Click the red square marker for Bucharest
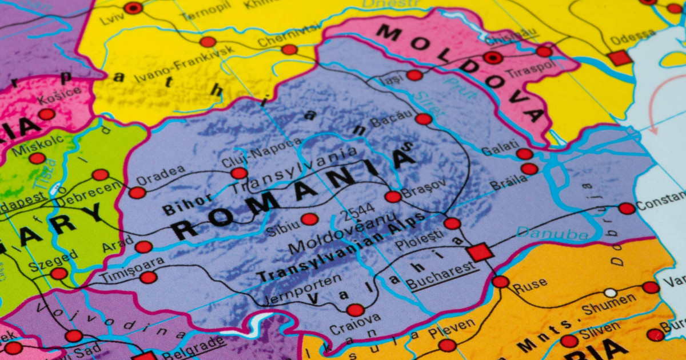[x=480, y=252]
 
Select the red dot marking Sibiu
[x=309, y=219]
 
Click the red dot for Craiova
[x=355, y=310]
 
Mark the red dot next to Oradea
[x=137, y=193]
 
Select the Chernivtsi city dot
[x=289, y=50]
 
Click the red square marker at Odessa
[x=620, y=58]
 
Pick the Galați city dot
[x=524, y=154]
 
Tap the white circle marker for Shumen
[x=611, y=293]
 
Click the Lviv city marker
[x=133, y=8]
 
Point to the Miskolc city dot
[x=37, y=158]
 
